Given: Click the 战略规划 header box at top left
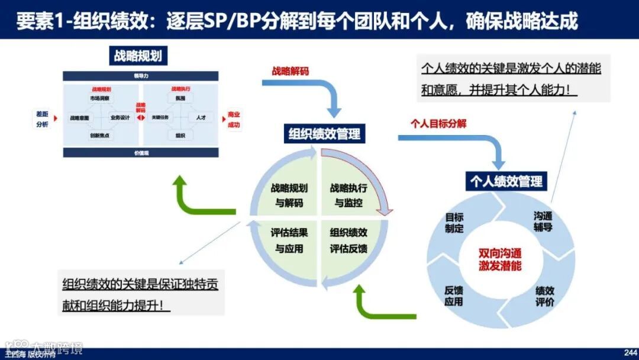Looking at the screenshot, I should pyautogui.click(x=137, y=56).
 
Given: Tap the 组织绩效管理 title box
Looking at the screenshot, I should pyautogui.click(x=324, y=133).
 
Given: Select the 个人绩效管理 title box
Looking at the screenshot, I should pyautogui.click(x=506, y=181).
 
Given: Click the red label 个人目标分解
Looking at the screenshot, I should pyautogui.click(x=438, y=124).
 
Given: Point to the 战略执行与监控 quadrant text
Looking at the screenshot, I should pyautogui.click(x=348, y=195).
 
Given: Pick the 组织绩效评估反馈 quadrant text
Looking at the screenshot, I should pyautogui.click(x=348, y=240).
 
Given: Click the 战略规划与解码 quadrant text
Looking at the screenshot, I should pyautogui.click(x=289, y=195).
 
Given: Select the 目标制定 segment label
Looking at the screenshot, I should pyautogui.click(x=454, y=223).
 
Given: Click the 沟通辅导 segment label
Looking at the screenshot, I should pyautogui.click(x=543, y=221).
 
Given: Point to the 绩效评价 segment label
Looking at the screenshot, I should pyautogui.click(x=545, y=296).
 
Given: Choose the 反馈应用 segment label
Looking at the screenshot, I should pyautogui.click(x=454, y=295).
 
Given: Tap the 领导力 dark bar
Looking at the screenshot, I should pyautogui.click(x=141, y=76).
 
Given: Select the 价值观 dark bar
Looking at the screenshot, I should pyautogui.click(x=141, y=152).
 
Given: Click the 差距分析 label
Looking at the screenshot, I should pyautogui.click(x=41, y=119).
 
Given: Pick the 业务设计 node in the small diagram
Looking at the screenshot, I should pyautogui.click(x=120, y=118).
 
